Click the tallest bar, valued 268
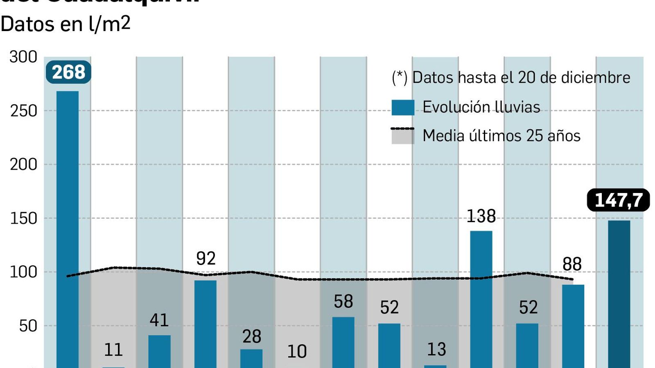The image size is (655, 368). tap(68, 229)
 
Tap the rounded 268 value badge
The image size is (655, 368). tap(68, 72)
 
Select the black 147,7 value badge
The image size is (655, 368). tap(618, 200)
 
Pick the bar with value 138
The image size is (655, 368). tap(481, 299)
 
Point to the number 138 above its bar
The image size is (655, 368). tap(481, 216)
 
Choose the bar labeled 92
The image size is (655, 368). tap(206, 323)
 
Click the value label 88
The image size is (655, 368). tap(572, 264)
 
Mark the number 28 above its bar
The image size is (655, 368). tap(252, 337)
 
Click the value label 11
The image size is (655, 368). tap(113, 350)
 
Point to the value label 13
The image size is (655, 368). tap(436, 349)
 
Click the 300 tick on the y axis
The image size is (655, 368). tap(23, 57)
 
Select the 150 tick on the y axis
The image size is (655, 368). tap(23, 218)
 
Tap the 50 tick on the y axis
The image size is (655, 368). tap(28, 326)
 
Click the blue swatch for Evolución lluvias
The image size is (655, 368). tap(403, 107)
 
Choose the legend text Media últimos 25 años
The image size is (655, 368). tap(501, 136)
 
